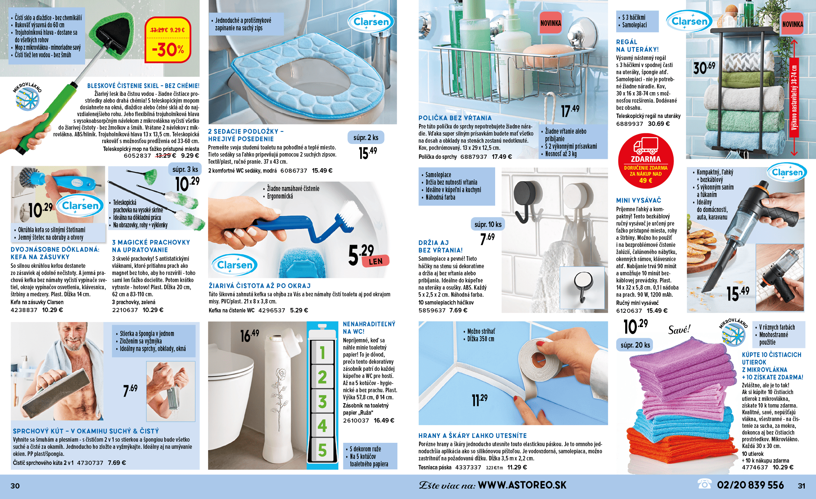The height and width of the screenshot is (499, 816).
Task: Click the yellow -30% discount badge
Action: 168,40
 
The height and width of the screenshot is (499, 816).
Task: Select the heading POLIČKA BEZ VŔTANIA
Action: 455,118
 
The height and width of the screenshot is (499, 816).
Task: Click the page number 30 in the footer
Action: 15,486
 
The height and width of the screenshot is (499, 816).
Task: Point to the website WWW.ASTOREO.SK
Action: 522,485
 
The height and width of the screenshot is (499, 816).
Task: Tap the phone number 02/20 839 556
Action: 750,485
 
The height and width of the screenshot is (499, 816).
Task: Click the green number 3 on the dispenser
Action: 322,402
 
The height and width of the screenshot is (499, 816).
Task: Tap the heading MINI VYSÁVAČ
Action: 639,200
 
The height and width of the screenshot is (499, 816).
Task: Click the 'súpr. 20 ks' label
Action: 635,345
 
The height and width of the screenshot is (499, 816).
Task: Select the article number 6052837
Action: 138,156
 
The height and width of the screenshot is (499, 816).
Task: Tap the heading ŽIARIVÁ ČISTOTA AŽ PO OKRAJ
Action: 260,286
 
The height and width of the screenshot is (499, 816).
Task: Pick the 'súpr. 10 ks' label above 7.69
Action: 488,224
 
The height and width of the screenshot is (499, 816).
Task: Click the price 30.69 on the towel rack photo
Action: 704,68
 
